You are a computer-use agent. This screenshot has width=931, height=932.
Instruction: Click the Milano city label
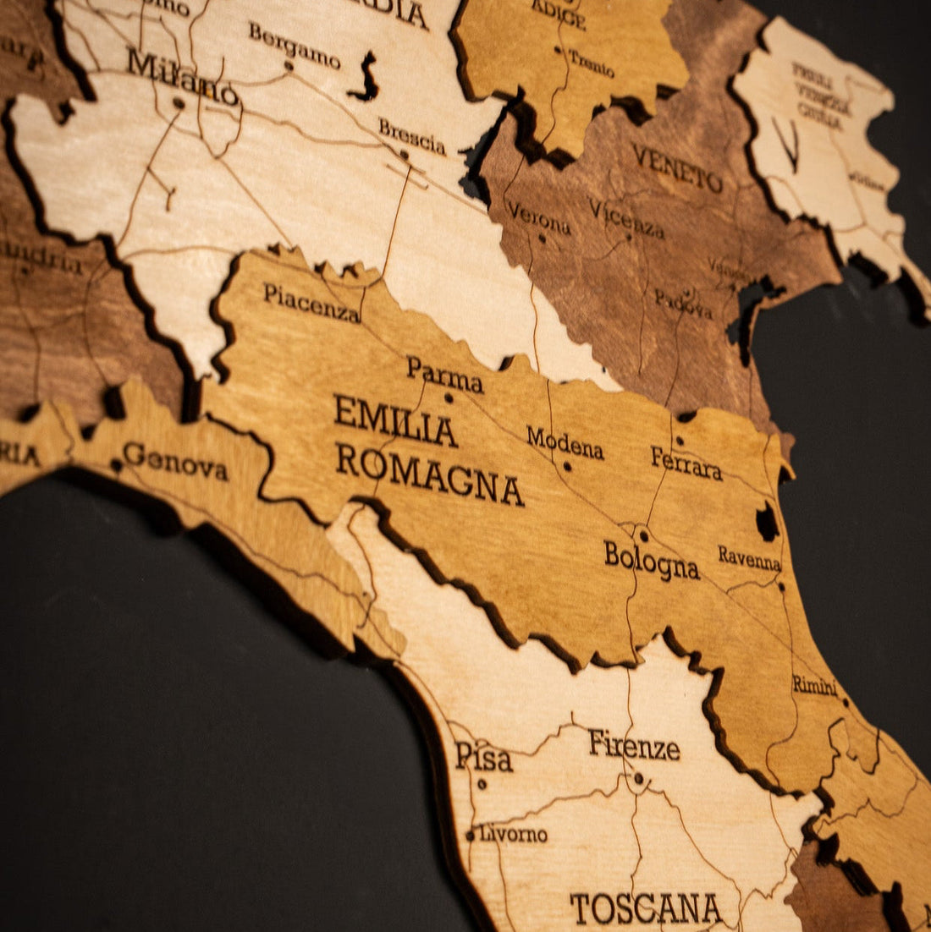point(182,77)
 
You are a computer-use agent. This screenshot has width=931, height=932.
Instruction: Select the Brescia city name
point(411,136)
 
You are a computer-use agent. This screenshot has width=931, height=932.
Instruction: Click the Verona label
point(539,218)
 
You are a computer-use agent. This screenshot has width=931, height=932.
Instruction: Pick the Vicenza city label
point(626,219)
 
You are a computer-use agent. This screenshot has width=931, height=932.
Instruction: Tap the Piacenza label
point(311,302)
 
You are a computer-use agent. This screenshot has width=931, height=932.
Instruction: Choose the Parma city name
point(444,374)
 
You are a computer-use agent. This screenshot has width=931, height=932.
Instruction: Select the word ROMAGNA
point(429,475)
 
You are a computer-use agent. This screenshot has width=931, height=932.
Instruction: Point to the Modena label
point(565,442)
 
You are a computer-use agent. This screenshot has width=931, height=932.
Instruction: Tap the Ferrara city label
point(686,463)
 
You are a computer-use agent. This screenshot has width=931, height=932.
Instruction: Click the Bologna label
point(651,560)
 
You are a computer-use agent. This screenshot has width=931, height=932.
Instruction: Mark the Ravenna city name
point(749,558)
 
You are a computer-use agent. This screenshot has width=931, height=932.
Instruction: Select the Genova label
point(175,461)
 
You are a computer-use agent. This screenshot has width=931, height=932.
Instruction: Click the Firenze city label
point(634,745)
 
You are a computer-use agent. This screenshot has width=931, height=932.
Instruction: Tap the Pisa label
point(483,756)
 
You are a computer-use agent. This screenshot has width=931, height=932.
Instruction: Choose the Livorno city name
point(513,834)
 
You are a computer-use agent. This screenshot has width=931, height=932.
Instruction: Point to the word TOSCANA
point(646,908)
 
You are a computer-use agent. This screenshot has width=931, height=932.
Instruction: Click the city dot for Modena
point(567,466)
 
